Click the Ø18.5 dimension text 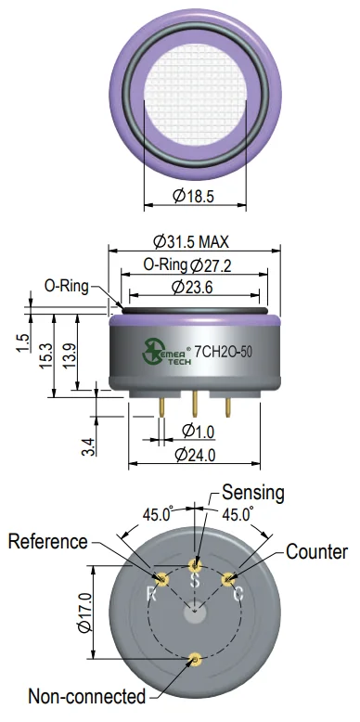tap(194, 196)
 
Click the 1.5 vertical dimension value tap(23, 343)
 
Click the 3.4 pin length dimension tap(89, 447)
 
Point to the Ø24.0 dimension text tap(196, 455)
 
